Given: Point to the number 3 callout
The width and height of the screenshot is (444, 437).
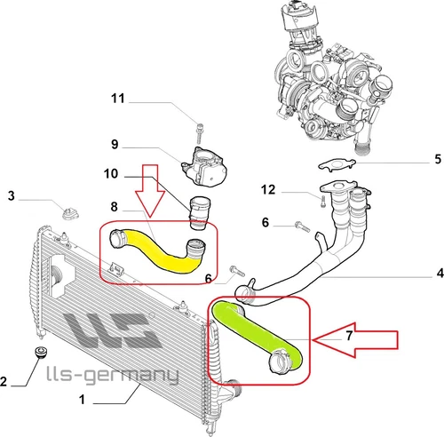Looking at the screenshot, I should (11, 195).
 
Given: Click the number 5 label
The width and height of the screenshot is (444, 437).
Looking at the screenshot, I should (436, 160).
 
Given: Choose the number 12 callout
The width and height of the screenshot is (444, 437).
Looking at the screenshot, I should (268, 190).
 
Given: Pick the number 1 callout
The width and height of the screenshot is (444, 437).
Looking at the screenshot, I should (82, 401).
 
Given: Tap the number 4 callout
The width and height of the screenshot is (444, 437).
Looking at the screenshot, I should (436, 272).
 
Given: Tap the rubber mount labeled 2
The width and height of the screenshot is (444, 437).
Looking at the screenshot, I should (38, 354).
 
